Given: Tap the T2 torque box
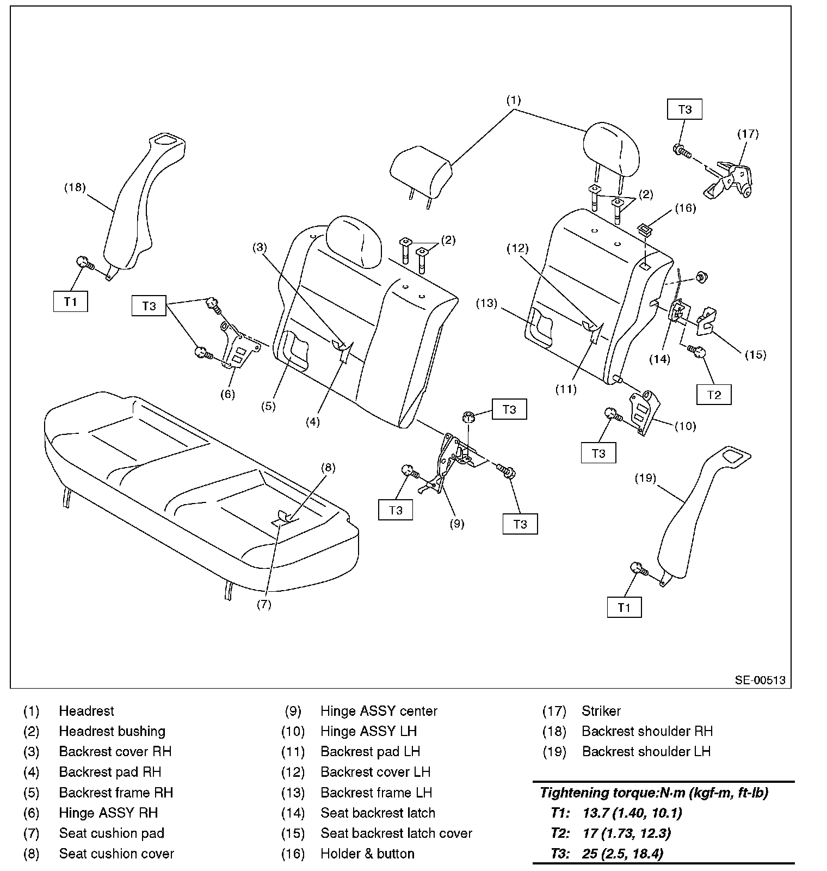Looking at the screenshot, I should [713, 395].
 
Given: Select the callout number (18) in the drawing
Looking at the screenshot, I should [75, 187].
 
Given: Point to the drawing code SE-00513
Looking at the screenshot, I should [760, 680].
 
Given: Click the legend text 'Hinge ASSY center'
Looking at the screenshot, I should [379, 711].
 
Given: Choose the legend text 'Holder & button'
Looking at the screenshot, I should [367, 854].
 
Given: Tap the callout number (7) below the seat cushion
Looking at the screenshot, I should [264, 605].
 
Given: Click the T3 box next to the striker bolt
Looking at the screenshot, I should [684, 109].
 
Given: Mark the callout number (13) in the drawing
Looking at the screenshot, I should [486, 303].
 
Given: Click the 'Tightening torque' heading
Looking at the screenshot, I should [653, 793].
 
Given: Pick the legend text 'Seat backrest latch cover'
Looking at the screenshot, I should [396, 833].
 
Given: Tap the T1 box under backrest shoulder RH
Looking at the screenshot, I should [71, 302].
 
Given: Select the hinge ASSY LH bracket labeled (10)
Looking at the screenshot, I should [645, 411].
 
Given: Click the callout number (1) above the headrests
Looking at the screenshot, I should [514, 100].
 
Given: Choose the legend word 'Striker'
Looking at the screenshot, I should [601, 711].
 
